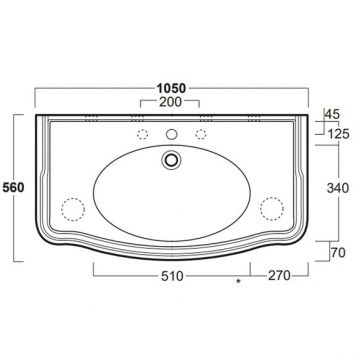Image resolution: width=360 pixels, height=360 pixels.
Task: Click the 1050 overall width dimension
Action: click(171, 88)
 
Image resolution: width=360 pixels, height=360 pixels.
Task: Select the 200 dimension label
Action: click(170, 102)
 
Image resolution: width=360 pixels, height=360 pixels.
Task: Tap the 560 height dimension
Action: click(13, 188)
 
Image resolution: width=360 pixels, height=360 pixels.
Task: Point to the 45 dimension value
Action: click(332, 114)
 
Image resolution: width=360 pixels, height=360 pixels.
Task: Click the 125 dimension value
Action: click(338, 134)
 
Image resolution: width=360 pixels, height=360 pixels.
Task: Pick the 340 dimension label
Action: click(338, 188)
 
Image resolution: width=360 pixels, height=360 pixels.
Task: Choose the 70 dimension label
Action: click(338, 253)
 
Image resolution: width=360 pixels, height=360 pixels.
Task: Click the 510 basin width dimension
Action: click(172, 276)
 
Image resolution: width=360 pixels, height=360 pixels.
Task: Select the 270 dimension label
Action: click(279, 276)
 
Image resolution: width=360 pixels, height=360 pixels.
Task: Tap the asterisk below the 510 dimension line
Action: click(238, 282)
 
